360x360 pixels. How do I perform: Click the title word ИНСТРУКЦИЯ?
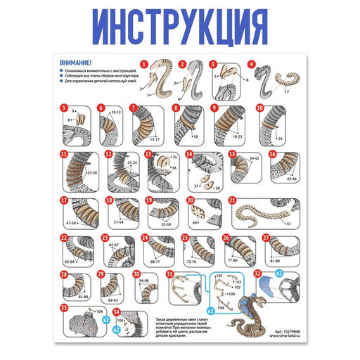coord(180,27)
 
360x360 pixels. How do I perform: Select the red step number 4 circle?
coord(252,64)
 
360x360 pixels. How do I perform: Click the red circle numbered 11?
coord(64,153)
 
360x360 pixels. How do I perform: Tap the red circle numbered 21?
coord(233,200)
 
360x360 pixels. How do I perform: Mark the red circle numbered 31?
coord(169,274)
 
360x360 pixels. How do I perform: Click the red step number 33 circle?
coord(64,307)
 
